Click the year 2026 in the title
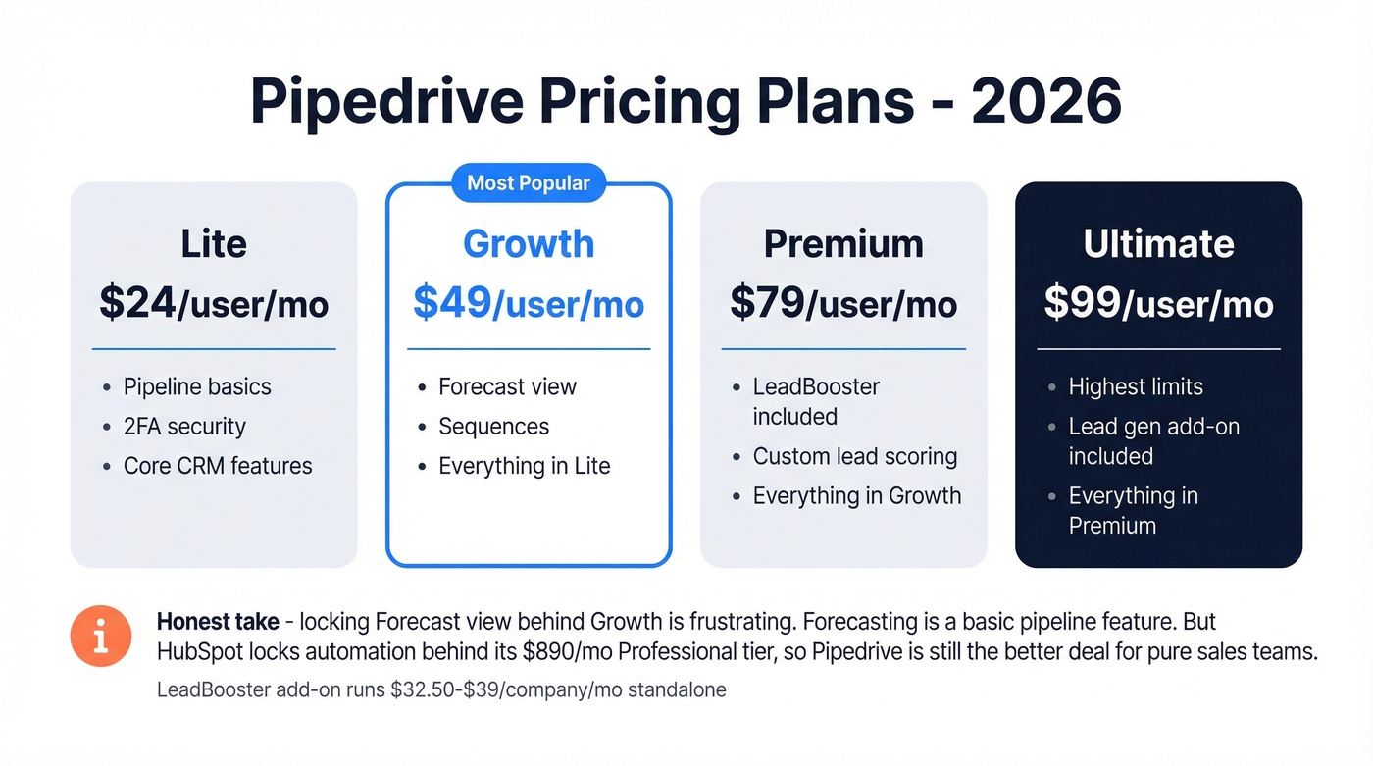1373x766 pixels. [1046, 101]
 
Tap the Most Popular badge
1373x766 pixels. [529, 183]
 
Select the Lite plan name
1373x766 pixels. [214, 244]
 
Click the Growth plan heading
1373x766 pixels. [529, 244]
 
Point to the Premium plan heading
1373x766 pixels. [843, 244]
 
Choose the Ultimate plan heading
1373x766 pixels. [1158, 244]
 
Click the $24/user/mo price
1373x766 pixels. [214, 304]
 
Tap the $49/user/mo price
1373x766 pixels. [529, 304]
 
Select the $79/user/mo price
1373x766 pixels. [843, 304]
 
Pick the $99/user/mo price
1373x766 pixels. [1158, 304]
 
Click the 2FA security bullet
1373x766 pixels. [184, 427]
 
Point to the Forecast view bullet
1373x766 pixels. [507, 386]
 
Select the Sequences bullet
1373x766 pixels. [493, 427]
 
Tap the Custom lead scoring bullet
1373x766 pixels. [854, 457]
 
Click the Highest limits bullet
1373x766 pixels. [1136, 386]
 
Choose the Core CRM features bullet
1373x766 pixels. [218, 466]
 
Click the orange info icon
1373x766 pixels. [100, 636]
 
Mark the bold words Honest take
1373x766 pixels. [217, 622]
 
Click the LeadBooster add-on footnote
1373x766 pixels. [441, 689]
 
